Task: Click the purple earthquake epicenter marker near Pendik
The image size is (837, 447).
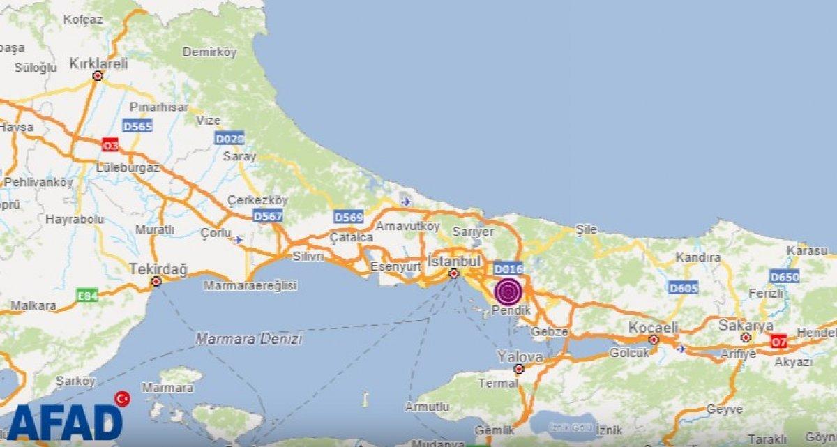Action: pos(508,291)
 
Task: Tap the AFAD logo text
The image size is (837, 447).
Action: pos(65,421)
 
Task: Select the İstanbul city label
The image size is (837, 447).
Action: pos(454,261)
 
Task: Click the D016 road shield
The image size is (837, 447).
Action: pos(508,268)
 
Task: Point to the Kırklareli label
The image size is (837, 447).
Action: pos(98,63)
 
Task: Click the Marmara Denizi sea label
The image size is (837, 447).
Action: pos(249,339)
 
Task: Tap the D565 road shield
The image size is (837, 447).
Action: pos(137,126)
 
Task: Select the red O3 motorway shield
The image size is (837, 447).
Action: pos(110,145)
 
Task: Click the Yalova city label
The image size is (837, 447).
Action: pos(520,356)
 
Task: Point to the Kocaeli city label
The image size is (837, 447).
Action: pos(653,327)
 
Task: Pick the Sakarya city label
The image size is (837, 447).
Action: pos(747,325)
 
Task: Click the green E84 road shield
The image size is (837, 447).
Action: pos(86,297)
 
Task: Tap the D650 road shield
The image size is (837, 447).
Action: pos(784,276)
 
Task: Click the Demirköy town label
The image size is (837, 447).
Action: pos(209,52)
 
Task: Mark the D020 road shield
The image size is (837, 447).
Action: pos(229,138)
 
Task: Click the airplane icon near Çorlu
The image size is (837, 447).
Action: pos(239,240)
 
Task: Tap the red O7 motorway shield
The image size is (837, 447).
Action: pos(779,342)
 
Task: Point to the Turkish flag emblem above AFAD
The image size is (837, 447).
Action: pos(123,398)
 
